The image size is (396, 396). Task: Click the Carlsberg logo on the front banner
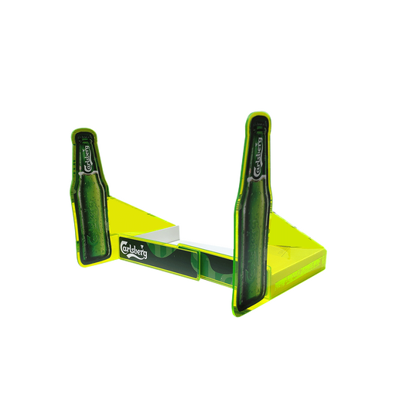(134, 249)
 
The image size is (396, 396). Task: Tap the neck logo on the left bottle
(87, 159)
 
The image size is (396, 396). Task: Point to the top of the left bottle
(84, 131)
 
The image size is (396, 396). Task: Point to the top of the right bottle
(258, 115)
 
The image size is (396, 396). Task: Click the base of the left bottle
(94, 259)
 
